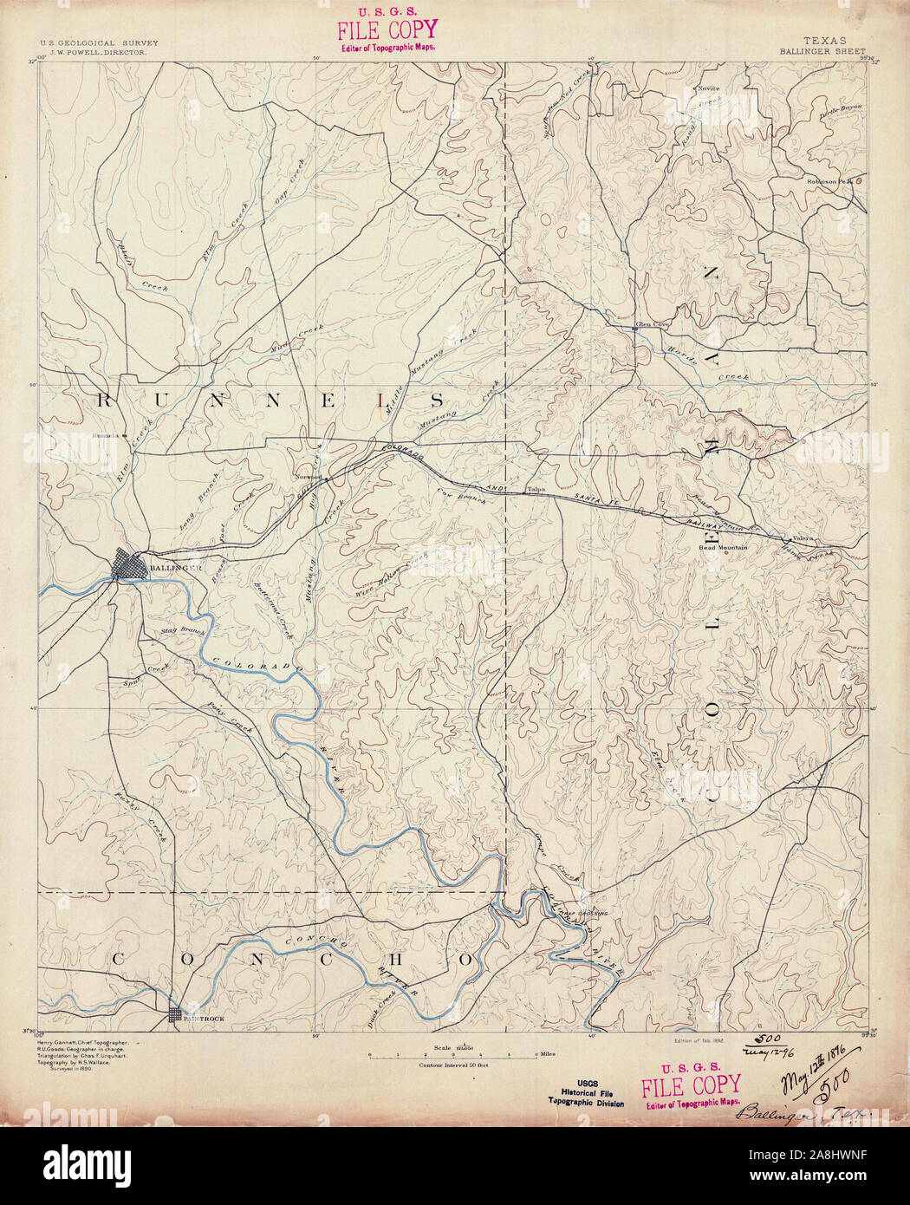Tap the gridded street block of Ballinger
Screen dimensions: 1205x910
(132, 567)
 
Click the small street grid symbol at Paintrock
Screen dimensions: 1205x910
(176, 1015)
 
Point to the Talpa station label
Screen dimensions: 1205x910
(537, 491)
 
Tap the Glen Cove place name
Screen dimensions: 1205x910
(653, 326)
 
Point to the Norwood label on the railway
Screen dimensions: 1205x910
(308, 477)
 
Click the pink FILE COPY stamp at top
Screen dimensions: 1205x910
(387, 32)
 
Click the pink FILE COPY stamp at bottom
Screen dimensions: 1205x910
(690, 1086)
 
